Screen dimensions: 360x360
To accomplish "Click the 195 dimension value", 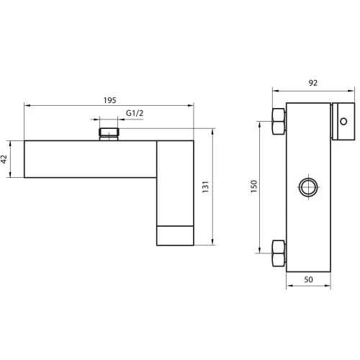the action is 109,100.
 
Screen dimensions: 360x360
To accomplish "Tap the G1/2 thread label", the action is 135,113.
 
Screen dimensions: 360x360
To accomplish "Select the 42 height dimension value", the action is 4,159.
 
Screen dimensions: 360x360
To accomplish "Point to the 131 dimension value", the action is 205,186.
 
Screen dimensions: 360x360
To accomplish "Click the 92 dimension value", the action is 313,83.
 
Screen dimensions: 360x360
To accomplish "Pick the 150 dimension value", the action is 253,186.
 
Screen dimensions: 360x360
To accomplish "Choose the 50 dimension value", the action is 308,279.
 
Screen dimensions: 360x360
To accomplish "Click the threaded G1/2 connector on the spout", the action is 109,134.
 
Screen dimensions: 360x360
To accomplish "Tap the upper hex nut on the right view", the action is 279,122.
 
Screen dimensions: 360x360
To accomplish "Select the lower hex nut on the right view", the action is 279,253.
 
